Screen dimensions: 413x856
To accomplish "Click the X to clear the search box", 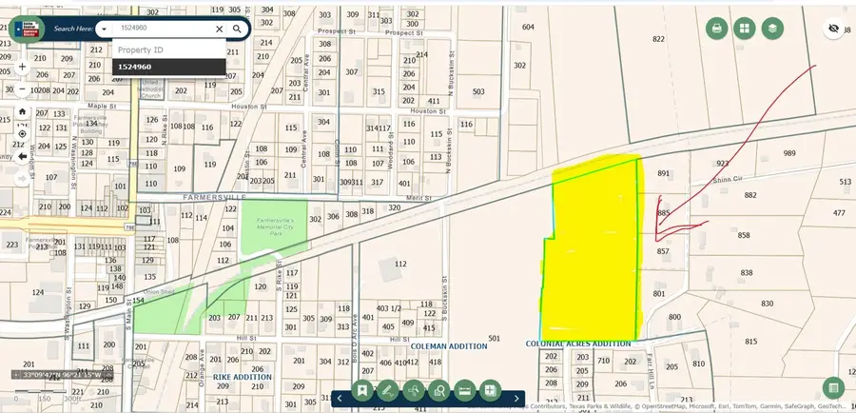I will [x=219, y=29].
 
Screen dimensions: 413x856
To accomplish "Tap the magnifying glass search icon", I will [x=237, y=29].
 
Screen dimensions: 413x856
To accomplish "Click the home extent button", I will [x=22, y=111].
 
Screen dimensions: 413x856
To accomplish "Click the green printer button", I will [x=716, y=29].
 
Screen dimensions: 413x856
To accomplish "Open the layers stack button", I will [x=771, y=29].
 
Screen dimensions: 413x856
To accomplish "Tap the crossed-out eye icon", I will [x=833, y=29].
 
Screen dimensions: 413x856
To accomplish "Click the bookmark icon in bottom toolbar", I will [x=362, y=389].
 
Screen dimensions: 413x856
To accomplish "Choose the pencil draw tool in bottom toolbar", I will [x=387, y=389].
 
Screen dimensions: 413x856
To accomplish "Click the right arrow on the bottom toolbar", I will [x=516, y=398].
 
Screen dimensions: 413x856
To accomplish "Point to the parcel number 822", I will [x=658, y=39].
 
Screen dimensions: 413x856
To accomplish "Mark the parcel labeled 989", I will [x=788, y=153].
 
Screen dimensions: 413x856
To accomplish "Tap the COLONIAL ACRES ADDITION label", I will [x=578, y=344].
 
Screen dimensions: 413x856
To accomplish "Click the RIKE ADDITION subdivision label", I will [x=242, y=377].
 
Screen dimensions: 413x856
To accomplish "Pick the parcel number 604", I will [x=528, y=28].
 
